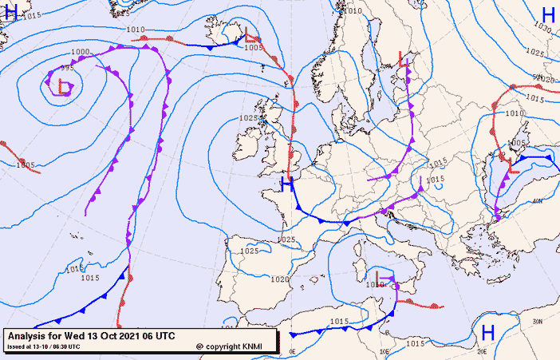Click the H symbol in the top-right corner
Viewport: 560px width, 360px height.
point(548,15)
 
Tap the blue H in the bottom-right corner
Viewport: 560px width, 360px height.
point(487,331)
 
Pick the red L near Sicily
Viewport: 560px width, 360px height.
point(381,279)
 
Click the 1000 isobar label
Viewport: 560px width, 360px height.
point(80,52)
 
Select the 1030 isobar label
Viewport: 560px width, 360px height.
point(542,27)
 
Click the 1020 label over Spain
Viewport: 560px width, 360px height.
point(279,279)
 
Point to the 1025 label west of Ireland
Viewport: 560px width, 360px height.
point(248,118)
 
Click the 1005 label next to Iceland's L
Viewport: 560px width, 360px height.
point(253,48)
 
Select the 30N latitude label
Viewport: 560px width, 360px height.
point(538,321)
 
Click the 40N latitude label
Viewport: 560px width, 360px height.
point(536,201)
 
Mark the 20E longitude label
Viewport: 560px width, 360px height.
point(481,351)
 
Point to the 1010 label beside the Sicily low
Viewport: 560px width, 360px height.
point(374,284)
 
